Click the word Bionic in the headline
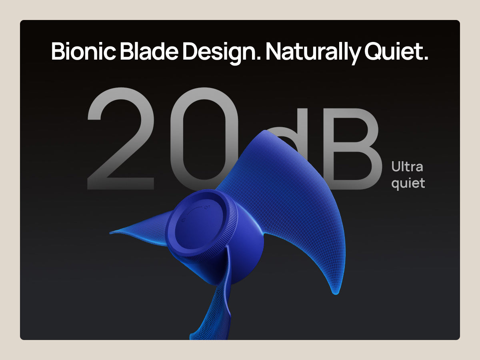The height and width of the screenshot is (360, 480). coord(84,51)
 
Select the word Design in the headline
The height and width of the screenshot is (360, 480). coord(219,53)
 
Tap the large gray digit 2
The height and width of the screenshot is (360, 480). coord(121,138)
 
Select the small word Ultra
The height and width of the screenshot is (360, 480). coord(407,166)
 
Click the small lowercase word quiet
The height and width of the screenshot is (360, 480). coord(408,184)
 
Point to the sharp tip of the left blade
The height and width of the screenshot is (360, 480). coord(110,233)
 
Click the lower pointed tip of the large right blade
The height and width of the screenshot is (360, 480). coord(336,294)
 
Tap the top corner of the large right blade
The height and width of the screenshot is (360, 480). coord(265,131)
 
